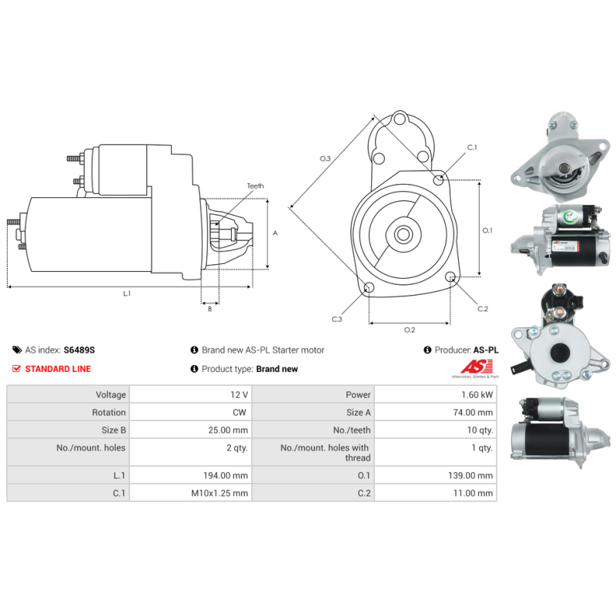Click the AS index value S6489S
coord(79,350)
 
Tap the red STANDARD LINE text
coord(58,369)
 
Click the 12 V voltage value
coord(239,394)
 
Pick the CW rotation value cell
coord(240,413)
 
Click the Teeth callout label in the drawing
coord(255,186)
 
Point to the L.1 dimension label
coord(127,293)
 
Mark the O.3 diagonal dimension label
coord(325,159)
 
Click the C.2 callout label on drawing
coord(483,309)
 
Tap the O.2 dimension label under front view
coord(410,330)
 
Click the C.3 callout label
coord(337,319)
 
